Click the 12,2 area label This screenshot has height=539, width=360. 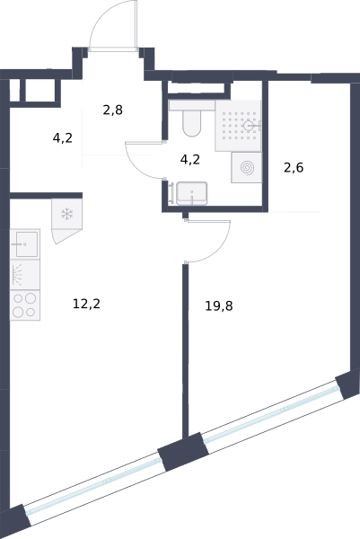[86, 305]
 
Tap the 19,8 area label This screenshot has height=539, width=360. [219, 305]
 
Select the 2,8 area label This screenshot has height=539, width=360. [113, 110]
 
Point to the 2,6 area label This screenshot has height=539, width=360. [294, 168]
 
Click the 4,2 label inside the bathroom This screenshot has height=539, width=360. [190, 160]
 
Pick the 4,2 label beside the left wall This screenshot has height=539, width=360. [63, 138]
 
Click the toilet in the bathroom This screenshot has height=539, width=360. [192, 119]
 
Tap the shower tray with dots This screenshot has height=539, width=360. [238, 126]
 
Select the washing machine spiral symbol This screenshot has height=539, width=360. [247, 168]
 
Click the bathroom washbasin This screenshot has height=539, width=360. [192, 193]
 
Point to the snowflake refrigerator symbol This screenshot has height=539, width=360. [67, 214]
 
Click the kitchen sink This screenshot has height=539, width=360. [25, 244]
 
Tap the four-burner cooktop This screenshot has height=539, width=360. [25, 305]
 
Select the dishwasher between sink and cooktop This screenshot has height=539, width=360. [25, 275]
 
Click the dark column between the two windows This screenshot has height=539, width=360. [183, 452]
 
